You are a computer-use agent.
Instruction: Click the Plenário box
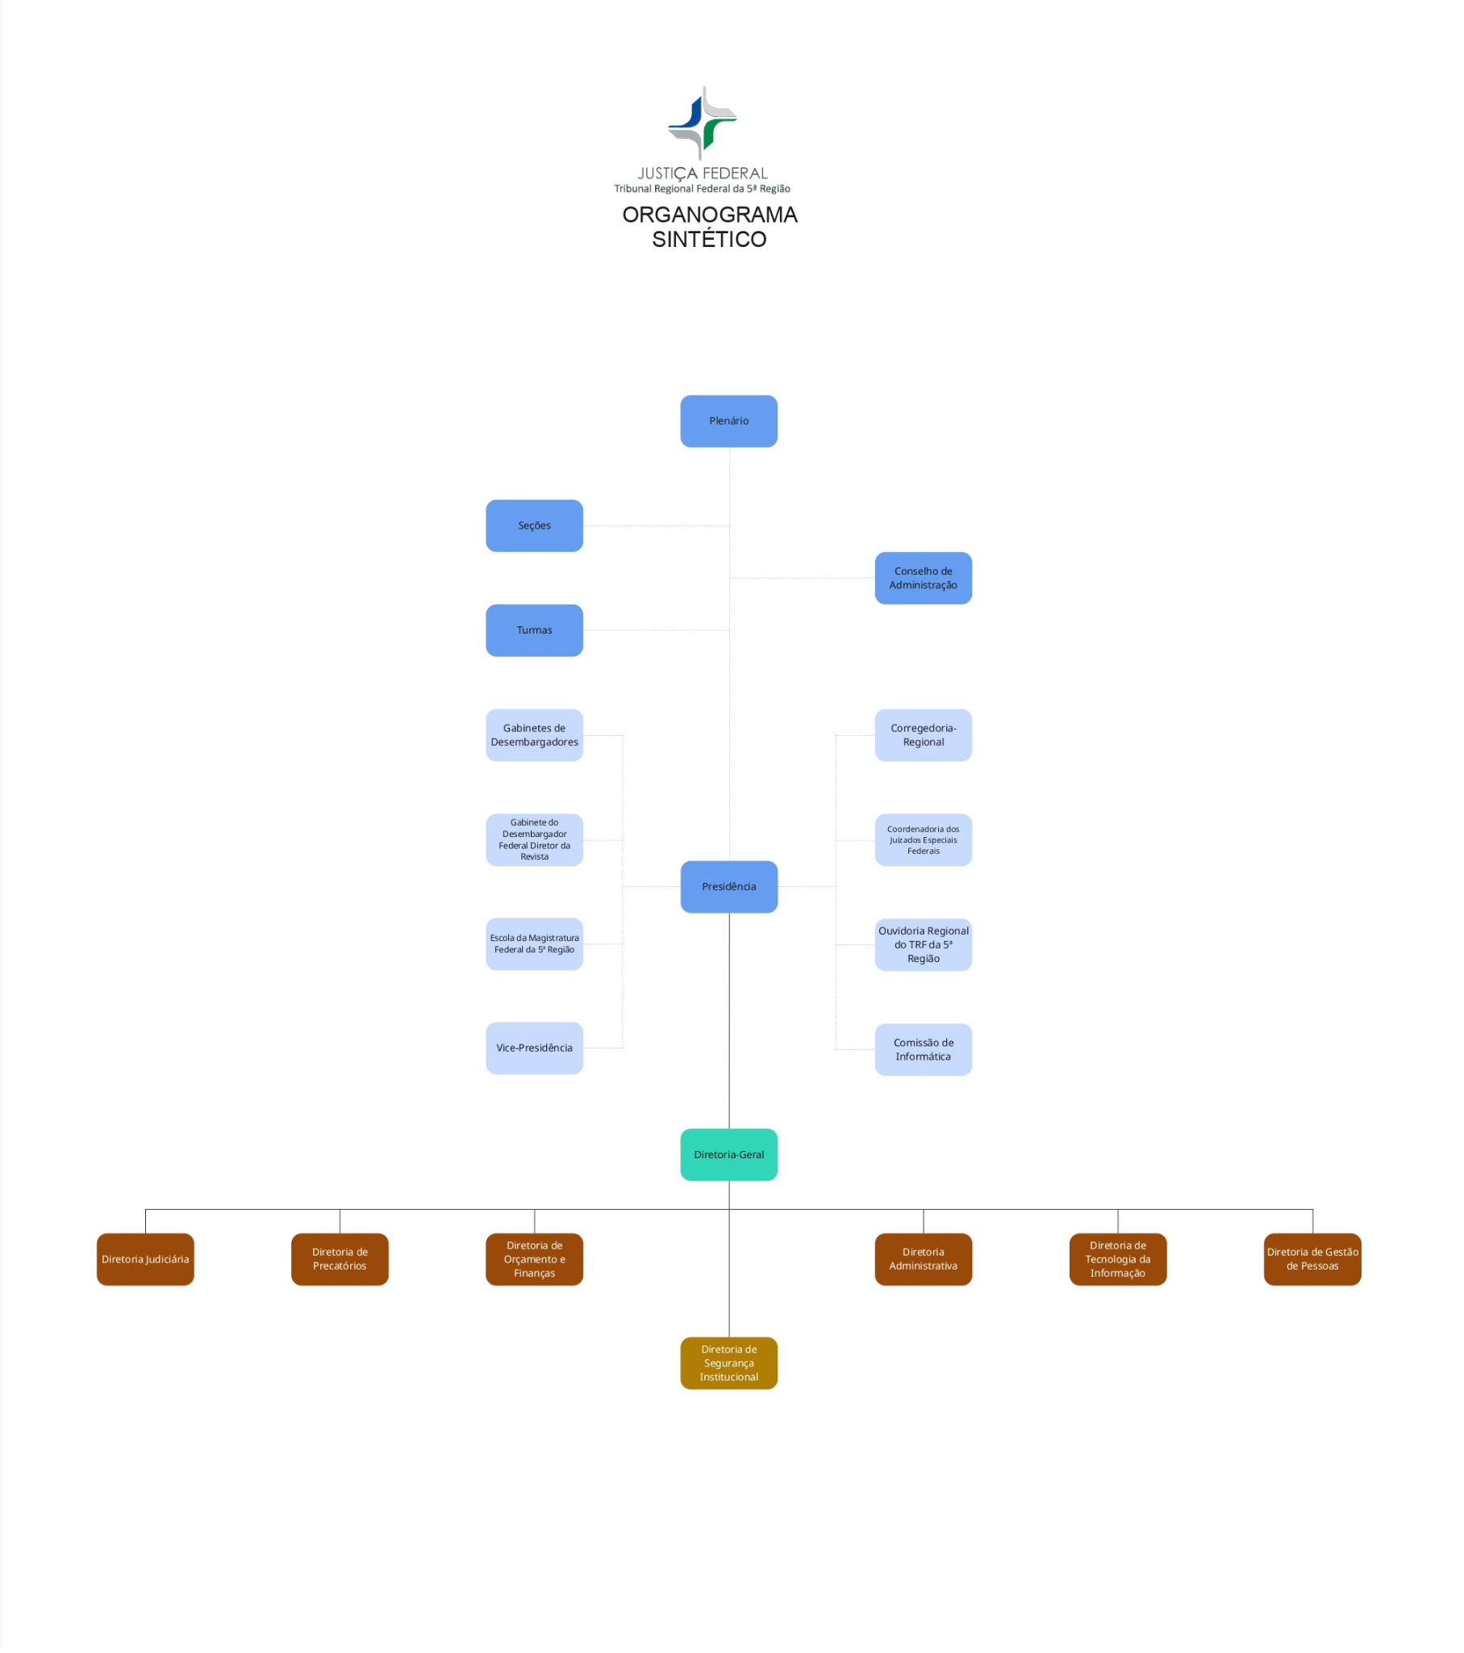[x=728, y=421]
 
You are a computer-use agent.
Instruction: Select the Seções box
[x=534, y=525]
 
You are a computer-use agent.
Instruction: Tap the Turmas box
[x=534, y=630]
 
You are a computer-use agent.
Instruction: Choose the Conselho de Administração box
[x=924, y=578]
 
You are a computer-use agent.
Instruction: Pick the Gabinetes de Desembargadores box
[x=534, y=735]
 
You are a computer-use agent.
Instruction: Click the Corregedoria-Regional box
[x=924, y=735]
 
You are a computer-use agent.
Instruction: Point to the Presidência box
[x=728, y=886]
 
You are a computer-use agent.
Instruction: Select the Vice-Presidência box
[x=534, y=1048]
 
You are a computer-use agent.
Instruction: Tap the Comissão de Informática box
[x=924, y=1050]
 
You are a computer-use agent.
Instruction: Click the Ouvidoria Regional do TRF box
[x=924, y=944]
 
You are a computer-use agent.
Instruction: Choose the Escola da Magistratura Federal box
[x=534, y=944]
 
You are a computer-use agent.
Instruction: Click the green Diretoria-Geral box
[x=728, y=1155]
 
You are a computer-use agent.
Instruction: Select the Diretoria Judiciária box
[x=145, y=1259]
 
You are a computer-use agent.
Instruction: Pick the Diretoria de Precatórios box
[x=340, y=1259]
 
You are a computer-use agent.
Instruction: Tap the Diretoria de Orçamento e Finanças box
[x=534, y=1259]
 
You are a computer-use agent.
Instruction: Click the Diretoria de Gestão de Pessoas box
[x=1312, y=1259]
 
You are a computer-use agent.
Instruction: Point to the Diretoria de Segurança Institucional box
[x=728, y=1363]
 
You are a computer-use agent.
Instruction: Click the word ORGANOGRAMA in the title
[x=709, y=215]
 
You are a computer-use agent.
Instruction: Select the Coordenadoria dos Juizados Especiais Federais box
[x=924, y=840]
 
